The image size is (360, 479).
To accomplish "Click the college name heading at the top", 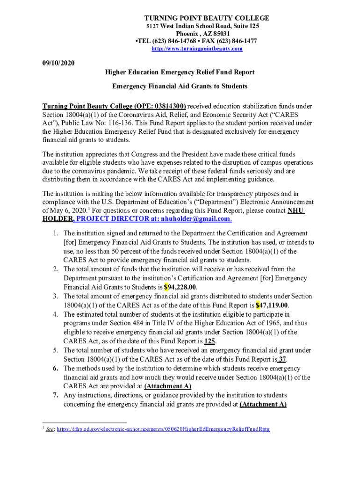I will tap(207, 18).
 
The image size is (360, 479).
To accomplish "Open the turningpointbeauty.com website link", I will tap(197, 49).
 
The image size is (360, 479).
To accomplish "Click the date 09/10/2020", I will tap(58, 63).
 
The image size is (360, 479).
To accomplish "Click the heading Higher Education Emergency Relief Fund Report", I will tap(180, 72).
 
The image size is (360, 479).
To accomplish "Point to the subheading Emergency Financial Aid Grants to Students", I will tap(180, 86).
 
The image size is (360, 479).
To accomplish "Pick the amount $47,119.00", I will tap(275, 305).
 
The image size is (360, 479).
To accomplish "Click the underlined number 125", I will tap(209, 341).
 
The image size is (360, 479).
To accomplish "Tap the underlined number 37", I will tap(282, 359).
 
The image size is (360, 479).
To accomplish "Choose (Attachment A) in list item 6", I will tap(167, 386).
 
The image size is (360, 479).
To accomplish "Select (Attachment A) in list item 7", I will tap(263, 404).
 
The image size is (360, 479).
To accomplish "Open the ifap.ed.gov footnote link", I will tap(163, 429).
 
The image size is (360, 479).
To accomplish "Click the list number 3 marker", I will tap(55, 296).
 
